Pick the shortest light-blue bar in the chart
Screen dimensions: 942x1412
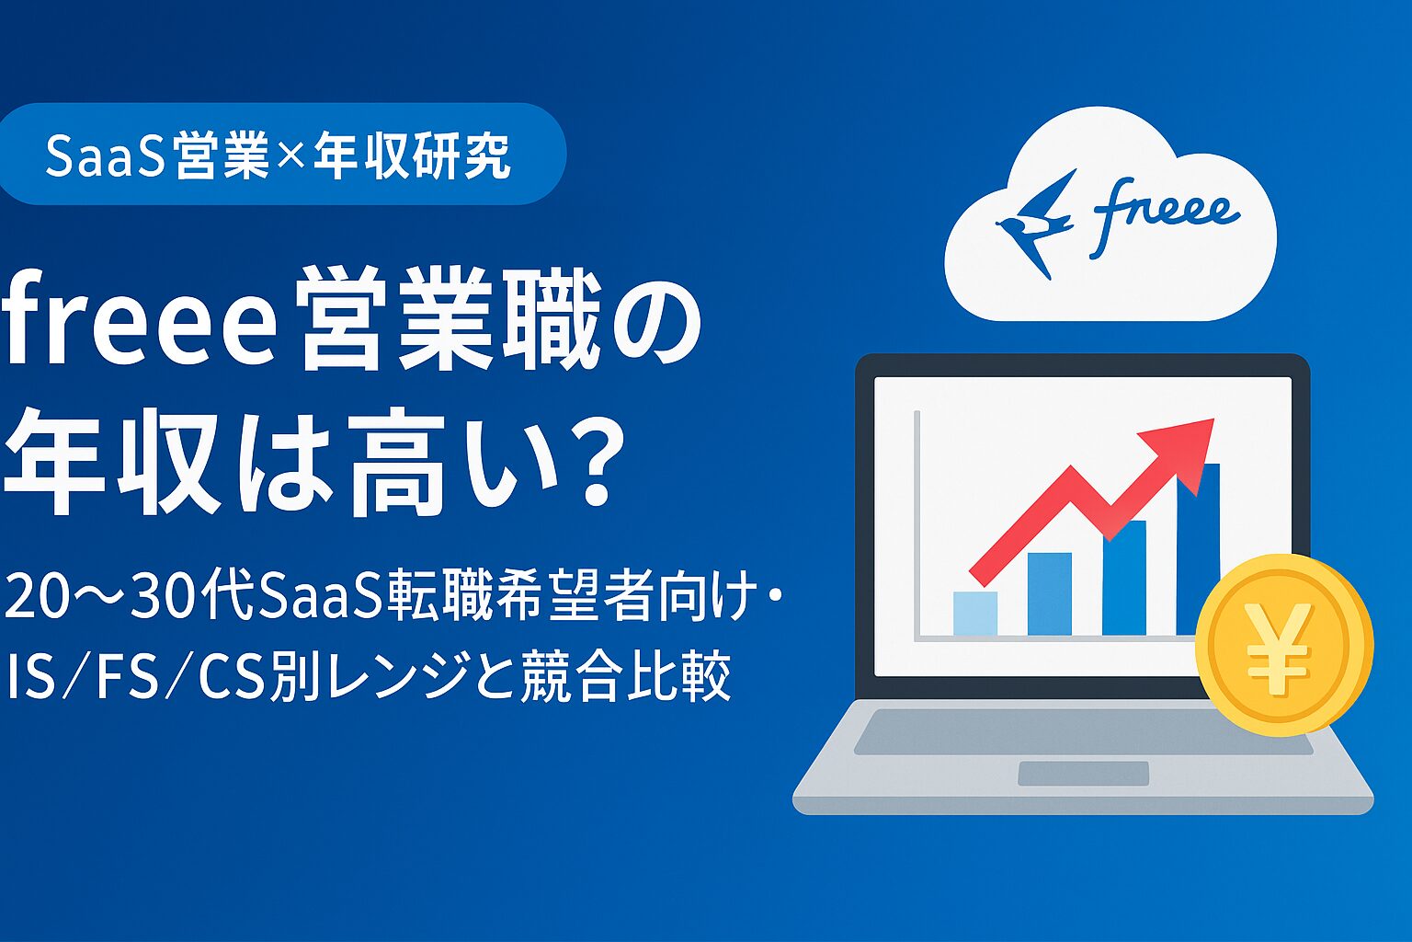click(x=975, y=614)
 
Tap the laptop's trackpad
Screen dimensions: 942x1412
click(x=1083, y=774)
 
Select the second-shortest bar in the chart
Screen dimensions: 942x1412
click(x=1049, y=593)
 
